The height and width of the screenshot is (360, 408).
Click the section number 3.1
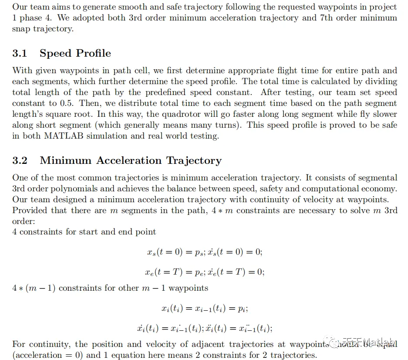pos(20,54)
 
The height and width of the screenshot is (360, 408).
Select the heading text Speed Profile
pos(75,54)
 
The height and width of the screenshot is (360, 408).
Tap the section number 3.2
pos(20,161)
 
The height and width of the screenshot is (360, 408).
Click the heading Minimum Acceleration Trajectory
pos(131,161)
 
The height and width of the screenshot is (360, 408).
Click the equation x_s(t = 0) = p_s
pos(175,252)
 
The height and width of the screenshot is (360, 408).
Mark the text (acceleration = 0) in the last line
pos(47,355)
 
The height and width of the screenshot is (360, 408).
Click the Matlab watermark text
pos(372,341)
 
